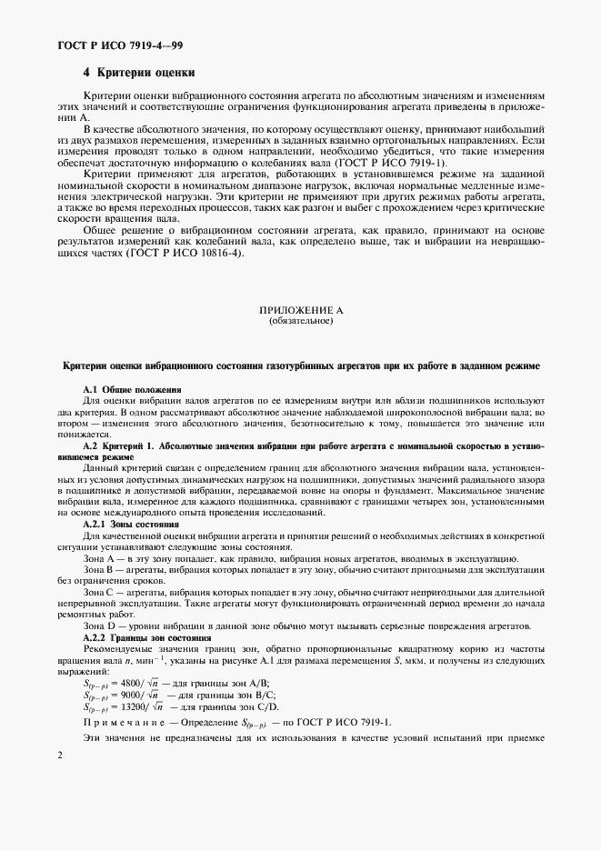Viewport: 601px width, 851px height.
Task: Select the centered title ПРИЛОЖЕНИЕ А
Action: [301, 310]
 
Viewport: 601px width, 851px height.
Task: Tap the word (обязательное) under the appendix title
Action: [301, 320]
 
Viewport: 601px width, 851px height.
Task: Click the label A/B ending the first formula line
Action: [245, 683]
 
